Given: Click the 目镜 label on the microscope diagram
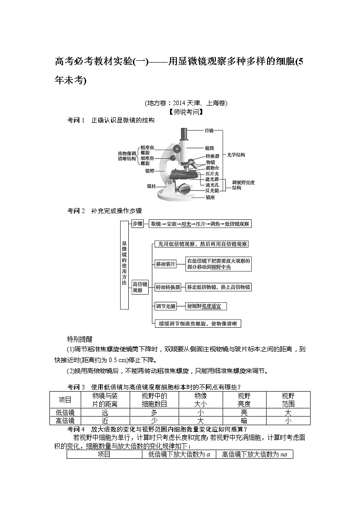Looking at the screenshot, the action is click(209, 131).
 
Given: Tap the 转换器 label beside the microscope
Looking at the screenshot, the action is click(212, 156).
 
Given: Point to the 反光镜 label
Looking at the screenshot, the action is click(212, 191).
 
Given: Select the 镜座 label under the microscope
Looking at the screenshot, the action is click(210, 198).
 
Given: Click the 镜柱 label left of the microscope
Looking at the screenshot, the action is click(151, 186).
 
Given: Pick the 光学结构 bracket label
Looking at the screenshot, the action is click(236, 155).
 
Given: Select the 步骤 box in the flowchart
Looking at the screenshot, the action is click(137, 224).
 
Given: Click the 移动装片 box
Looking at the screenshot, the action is click(165, 264).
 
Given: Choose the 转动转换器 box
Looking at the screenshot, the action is click(168, 287).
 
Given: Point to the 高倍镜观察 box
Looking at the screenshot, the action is click(137, 287).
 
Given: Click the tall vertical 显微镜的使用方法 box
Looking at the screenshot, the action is click(125, 265).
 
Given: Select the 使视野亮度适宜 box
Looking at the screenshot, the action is click(206, 306).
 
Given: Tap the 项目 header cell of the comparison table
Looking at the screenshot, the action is click(65, 400).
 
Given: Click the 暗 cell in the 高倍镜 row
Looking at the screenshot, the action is click(244, 421).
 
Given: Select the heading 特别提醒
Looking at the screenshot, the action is click(80, 339).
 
